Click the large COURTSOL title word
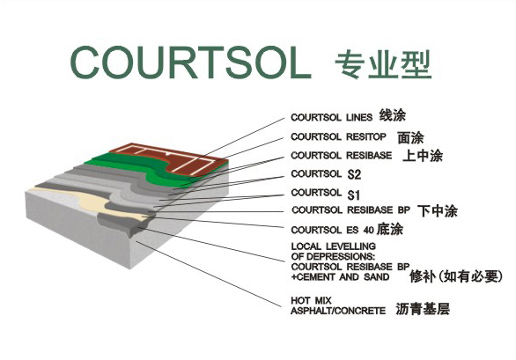tap(190, 62)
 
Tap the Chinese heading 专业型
tap(383, 64)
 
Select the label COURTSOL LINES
tap(332, 117)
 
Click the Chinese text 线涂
tap(392, 115)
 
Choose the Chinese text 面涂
tap(410, 137)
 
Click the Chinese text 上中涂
tap(423, 156)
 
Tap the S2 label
tap(354, 174)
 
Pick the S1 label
tap(353, 195)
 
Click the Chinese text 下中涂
tap(438, 211)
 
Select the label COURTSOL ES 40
tap(332, 230)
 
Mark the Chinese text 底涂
tap(390, 229)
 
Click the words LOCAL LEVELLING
tap(334, 246)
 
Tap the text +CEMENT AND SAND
tap(340, 277)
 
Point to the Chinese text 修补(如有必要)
tap(456, 276)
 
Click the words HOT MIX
tap(311, 300)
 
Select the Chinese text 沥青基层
tap(423, 309)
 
